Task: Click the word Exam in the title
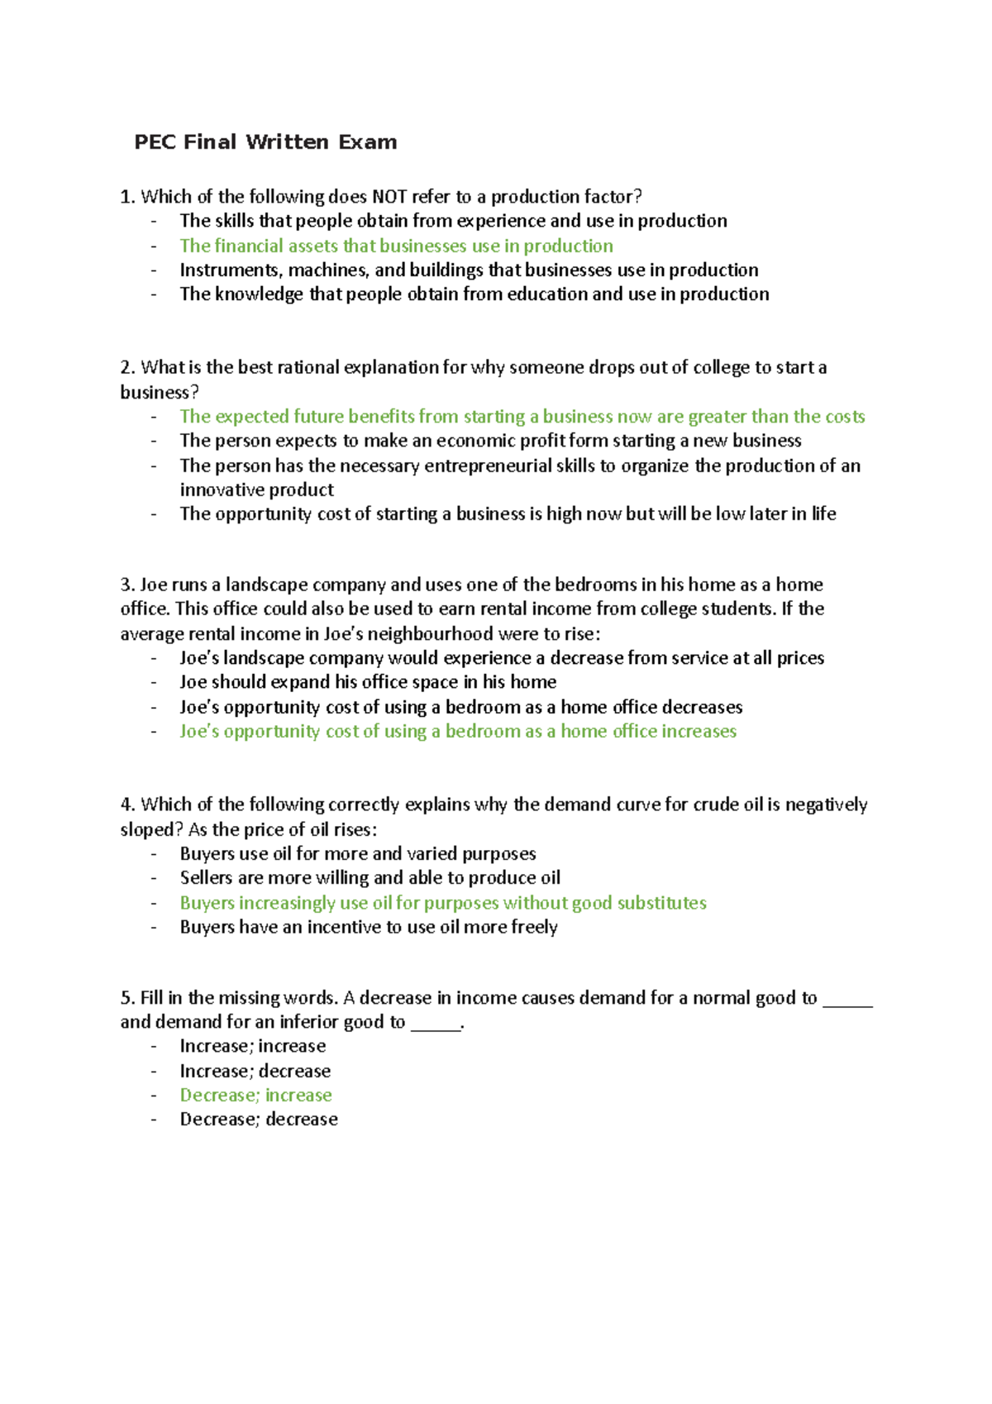(x=367, y=142)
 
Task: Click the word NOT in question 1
(x=389, y=197)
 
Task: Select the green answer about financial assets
(x=396, y=246)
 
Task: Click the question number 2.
(x=126, y=367)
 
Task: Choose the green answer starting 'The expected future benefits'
(x=522, y=416)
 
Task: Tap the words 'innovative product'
(x=256, y=489)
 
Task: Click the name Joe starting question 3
(x=154, y=585)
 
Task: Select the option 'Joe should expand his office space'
(x=368, y=682)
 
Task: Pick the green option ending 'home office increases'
(x=457, y=731)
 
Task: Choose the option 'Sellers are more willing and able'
(x=370, y=877)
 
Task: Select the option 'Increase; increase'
(x=252, y=1046)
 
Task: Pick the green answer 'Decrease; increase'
(x=255, y=1095)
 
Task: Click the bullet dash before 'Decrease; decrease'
(x=154, y=1120)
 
